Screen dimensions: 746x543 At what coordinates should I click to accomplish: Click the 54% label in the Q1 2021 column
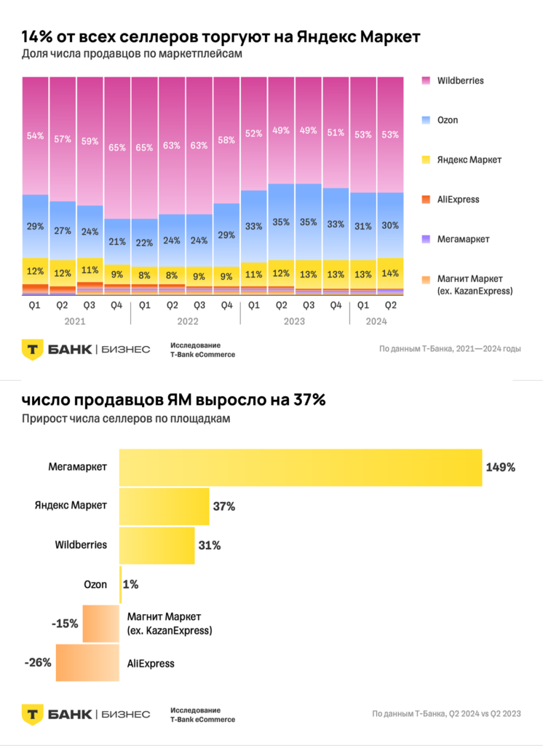pyautogui.click(x=35, y=136)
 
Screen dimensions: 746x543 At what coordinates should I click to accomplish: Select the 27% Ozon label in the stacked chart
pyautogui.click(x=63, y=231)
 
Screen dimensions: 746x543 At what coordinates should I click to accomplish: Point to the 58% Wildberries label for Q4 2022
pyautogui.click(x=226, y=139)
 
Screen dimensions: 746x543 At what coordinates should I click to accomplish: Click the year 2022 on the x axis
pyautogui.click(x=185, y=321)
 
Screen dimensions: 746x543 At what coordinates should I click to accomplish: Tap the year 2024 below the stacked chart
pyautogui.click(x=376, y=321)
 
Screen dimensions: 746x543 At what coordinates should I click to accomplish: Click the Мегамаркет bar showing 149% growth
pyautogui.click(x=300, y=467)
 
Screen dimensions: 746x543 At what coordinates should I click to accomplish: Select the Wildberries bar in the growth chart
pyautogui.click(x=156, y=546)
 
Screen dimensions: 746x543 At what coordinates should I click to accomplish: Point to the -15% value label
pyautogui.click(x=65, y=624)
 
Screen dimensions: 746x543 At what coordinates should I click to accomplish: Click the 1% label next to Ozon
pyautogui.click(x=131, y=584)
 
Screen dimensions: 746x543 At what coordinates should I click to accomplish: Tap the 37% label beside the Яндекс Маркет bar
pyautogui.click(x=224, y=506)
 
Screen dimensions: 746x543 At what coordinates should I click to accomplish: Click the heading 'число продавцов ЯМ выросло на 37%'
pyautogui.click(x=173, y=399)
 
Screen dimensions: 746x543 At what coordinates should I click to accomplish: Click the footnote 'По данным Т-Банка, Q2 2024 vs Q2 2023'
pyautogui.click(x=446, y=713)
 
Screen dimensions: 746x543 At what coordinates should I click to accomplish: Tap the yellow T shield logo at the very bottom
pyautogui.click(x=31, y=714)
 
